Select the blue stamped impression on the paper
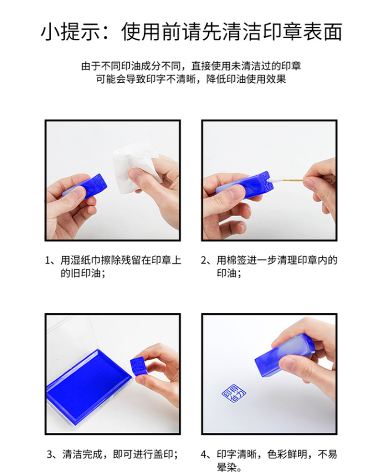[234, 393]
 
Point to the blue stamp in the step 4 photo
[284, 356]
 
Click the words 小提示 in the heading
[70, 32]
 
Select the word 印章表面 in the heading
[303, 32]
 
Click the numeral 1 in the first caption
[47, 260]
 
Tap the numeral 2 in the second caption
[203, 260]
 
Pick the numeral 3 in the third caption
[50, 454]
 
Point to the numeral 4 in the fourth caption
[204, 454]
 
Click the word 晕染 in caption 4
[226, 467]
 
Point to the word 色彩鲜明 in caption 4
[287, 454]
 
